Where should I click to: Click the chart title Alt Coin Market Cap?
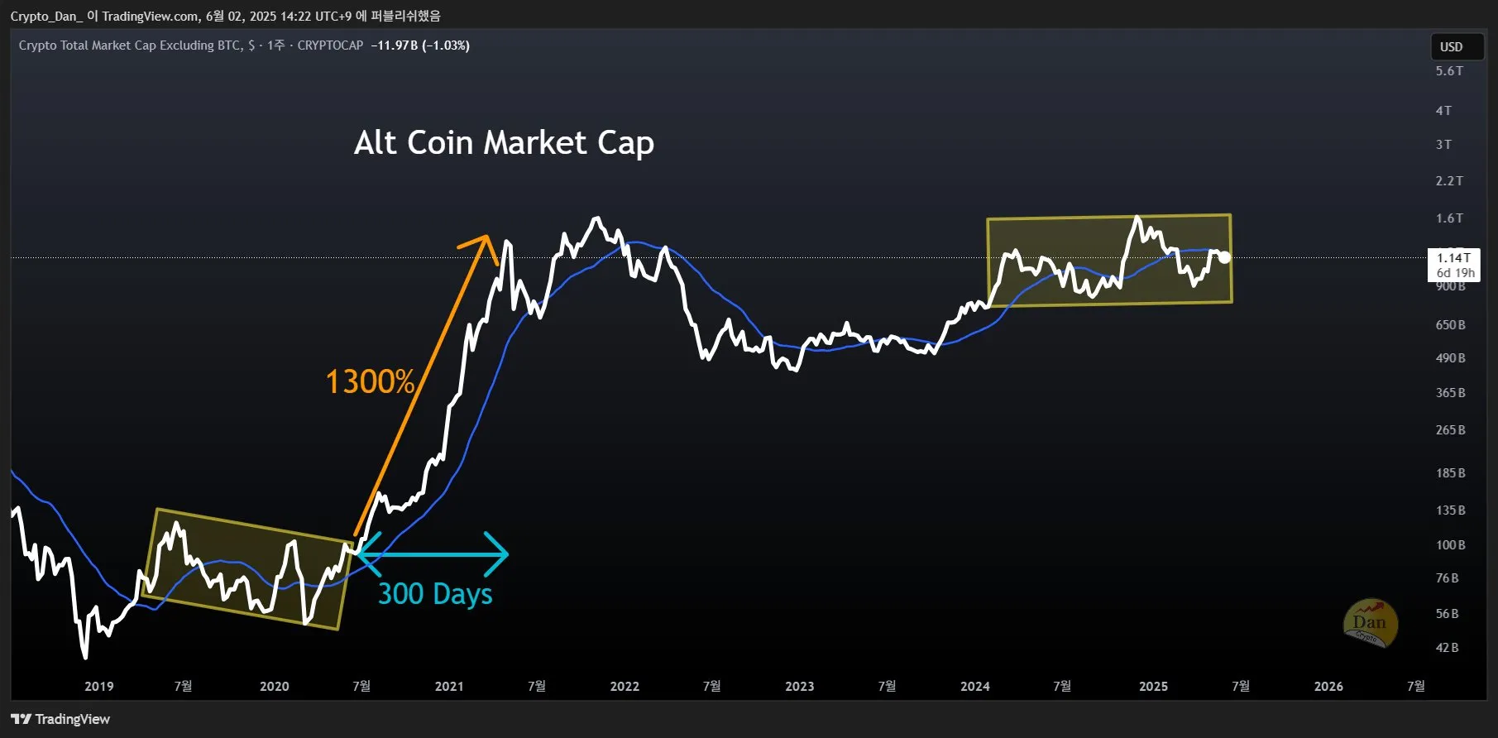(504, 143)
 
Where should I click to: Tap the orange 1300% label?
(370, 381)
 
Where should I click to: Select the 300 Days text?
(435, 594)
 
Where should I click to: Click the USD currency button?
(1451, 46)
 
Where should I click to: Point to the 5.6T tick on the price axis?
(1449, 71)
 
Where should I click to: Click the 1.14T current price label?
(1453, 258)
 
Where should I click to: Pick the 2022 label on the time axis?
(625, 686)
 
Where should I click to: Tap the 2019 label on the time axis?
(99, 686)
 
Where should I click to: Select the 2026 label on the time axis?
(1328, 686)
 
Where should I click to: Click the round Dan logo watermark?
(1370, 622)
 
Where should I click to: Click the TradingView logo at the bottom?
(60, 719)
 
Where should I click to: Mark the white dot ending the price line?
(1224, 257)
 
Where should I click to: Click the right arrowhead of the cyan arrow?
(501, 554)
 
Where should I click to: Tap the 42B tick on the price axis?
(1448, 648)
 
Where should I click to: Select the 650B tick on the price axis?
(1450, 325)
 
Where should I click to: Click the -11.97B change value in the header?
(395, 46)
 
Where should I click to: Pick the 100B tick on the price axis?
(1450, 545)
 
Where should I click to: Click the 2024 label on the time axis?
(975, 686)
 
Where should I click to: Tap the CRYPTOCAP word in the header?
(330, 46)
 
